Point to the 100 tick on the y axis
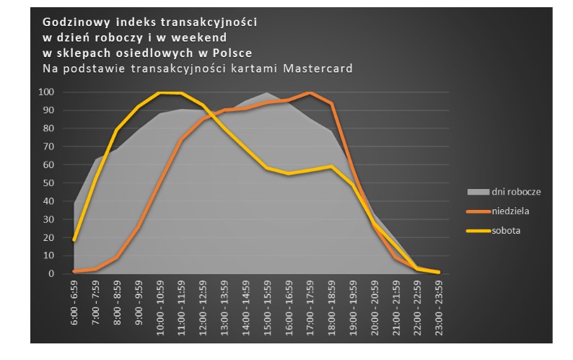point(47,92)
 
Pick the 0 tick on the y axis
point(51,274)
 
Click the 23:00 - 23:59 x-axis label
point(438,303)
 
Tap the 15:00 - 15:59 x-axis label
point(267,303)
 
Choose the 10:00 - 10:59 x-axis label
point(159,303)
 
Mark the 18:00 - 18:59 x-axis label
point(331,303)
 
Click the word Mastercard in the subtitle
point(322,69)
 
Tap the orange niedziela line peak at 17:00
point(310,93)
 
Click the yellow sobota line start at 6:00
point(74,240)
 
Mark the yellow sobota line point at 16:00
point(289,174)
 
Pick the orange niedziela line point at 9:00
point(139,227)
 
